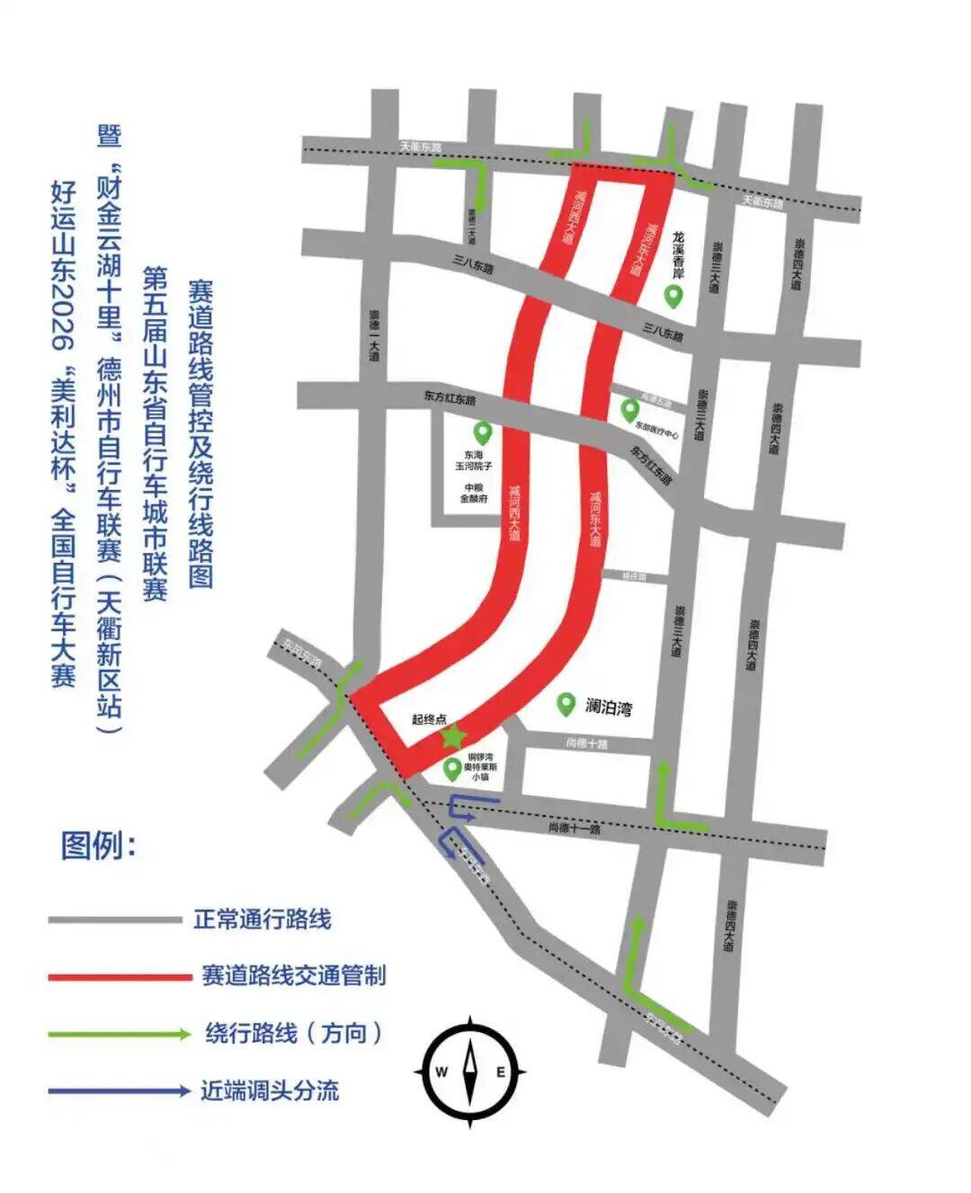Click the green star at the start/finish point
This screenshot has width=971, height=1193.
[x=454, y=736]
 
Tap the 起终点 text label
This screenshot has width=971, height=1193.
[x=429, y=719]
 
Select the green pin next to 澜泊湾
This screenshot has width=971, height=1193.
[x=566, y=704]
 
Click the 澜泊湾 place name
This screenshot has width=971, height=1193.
[x=609, y=707]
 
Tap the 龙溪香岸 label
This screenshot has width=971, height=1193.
[x=678, y=254]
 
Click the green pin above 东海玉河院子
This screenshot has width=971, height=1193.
[x=484, y=433]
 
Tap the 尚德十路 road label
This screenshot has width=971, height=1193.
[x=587, y=743]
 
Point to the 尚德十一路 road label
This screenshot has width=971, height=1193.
[x=574, y=829]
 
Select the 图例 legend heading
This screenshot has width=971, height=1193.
[x=98, y=845]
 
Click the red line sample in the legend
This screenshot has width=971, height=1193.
[x=120, y=976]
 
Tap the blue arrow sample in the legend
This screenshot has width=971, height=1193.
[x=120, y=1091]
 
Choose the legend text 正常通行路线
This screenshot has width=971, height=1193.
[x=263, y=920]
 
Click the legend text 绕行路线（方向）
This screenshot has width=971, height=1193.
[x=294, y=1033]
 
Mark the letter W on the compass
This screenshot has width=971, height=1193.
[x=441, y=1072]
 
